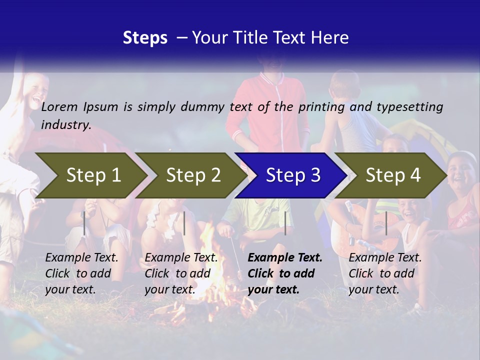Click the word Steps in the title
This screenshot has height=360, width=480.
point(145,38)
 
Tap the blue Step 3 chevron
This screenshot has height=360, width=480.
point(293,175)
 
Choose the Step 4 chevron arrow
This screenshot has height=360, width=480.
point(393,175)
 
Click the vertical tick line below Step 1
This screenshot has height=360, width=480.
point(84,223)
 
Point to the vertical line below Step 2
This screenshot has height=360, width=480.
point(184,223)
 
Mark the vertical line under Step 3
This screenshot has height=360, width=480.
point(285,223)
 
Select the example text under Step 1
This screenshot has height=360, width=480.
point(81,273)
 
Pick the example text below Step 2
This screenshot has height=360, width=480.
point(181,273)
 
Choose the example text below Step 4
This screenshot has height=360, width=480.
point(385,273)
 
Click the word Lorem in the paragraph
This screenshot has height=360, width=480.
point(59,107)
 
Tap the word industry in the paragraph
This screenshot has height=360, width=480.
point(65,124)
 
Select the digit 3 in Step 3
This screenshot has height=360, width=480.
point(314,175)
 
